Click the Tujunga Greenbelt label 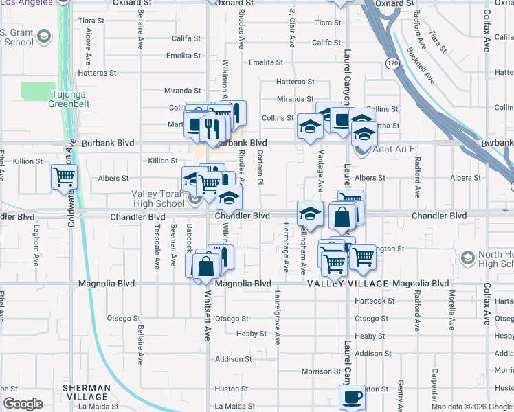pyautogui.click(x=71, y=99)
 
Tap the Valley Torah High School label pyautogui.click(x=158, y=198)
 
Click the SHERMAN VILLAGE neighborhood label pyautogui.click(x=86, y=392)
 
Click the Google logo pyautogui.click(x=23, y=404)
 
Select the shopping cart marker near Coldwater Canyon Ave pyautogui.click(x=64, y=177)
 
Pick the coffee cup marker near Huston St pyautogui.click(x=352, y=396)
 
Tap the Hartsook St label pyautogui.click(x=375, y=301)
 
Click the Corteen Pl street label pyautogui.click(x=260, y=168)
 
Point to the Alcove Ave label pyautogui.click(x=88, y=46)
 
